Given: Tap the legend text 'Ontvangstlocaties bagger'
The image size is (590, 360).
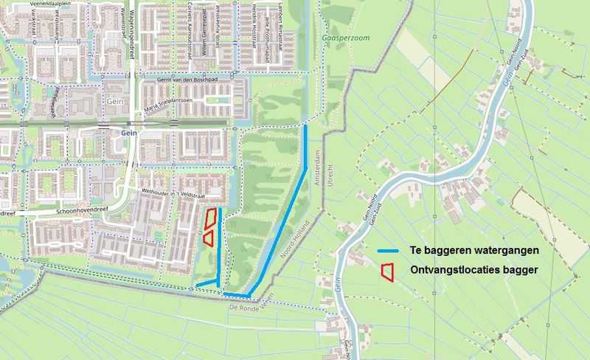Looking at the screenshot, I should click(x=473, y=271).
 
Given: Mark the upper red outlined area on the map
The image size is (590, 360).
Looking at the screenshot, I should click(x=211, y=218).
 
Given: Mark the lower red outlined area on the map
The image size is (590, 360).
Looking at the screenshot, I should click(x=208, y=238).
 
